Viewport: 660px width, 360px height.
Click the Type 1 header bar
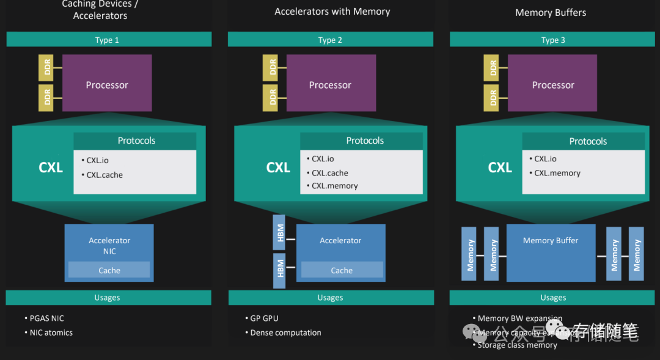tap(109, 40)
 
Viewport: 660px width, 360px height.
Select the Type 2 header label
tap(330, 40)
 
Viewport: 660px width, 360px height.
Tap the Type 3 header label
tap(553, 40)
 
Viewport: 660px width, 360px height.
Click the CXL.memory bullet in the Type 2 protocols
tap(334, 186)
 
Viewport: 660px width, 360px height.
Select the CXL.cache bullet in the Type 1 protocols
tap(104, 175)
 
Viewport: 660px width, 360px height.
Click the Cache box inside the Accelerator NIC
tap(109, 270)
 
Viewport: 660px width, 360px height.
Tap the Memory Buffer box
tap(551, 253)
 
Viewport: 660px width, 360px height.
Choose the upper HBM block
tap(280, 232)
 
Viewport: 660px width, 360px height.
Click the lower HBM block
tap(280, 270)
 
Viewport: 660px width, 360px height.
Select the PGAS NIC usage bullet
tap(46, 318)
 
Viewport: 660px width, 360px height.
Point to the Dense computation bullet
tap(285, 333)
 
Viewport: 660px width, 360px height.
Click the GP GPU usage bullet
tap(264, 318)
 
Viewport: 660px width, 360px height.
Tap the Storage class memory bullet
tap(517, 345)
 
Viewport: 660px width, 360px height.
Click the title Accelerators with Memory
tap(332, 12)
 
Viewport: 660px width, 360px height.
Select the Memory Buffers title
tap(551, 12)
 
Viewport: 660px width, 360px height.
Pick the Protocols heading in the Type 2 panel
tap(365, 141)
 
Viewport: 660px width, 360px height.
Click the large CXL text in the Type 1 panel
tap(51, 167)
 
